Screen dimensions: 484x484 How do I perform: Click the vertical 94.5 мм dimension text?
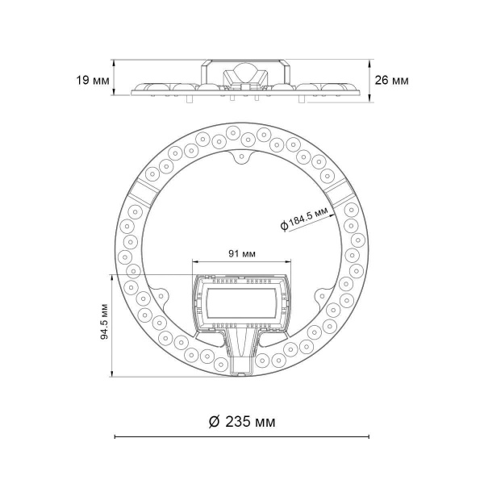104,323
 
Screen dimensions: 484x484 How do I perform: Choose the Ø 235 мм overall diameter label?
241,421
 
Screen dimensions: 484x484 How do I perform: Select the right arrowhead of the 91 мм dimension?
288,262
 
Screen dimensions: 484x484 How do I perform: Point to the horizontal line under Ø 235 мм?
241,436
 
